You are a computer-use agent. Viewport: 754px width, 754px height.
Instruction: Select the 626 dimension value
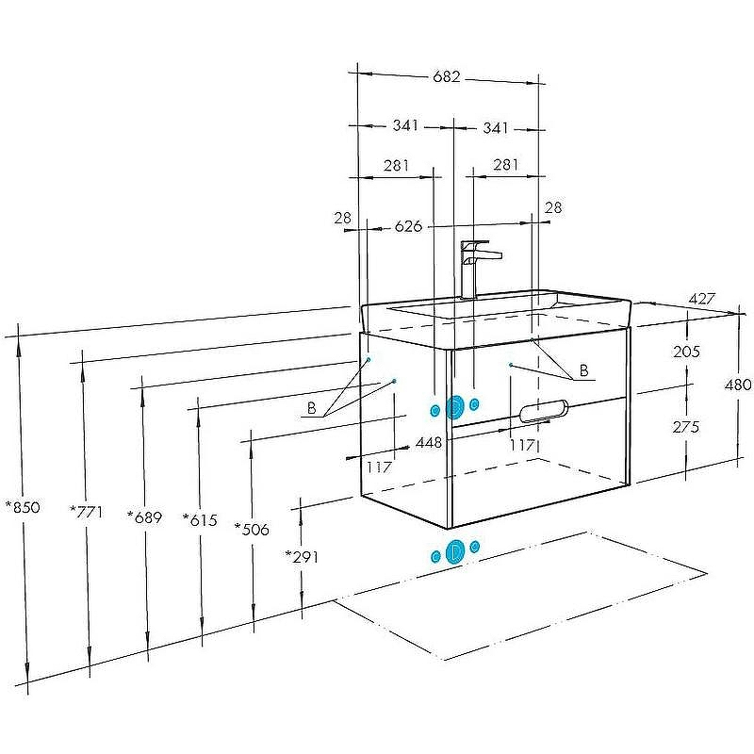[x=407, y=226]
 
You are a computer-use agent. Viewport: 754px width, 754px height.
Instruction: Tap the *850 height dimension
[x=23, y=507]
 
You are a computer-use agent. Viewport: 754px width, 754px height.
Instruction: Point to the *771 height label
[x=86, y=511]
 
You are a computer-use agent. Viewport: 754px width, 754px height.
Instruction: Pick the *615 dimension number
[x=200, y=519]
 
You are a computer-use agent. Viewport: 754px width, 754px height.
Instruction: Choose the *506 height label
[x=252, y=529]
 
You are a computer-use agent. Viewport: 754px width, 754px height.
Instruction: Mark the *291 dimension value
[x=302, y=556]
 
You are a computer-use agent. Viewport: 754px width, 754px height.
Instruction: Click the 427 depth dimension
[x=701, y=298]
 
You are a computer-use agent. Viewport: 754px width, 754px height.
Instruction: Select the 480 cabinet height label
[x=738, y=385]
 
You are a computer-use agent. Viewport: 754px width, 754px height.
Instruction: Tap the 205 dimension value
[x=687, y=352]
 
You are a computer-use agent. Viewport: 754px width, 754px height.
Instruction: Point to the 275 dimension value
[x=687, y=426]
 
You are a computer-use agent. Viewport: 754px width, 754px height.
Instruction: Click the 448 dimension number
[x=429, y=442]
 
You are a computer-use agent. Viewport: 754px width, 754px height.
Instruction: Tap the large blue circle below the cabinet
[x=455, y=551]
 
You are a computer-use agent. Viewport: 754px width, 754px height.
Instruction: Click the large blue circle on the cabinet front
[x=455, y=407]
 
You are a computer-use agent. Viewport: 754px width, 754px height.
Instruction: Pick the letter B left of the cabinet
[x=311, y=408]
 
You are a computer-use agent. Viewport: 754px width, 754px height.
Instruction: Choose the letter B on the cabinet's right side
[x=583, y=371]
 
